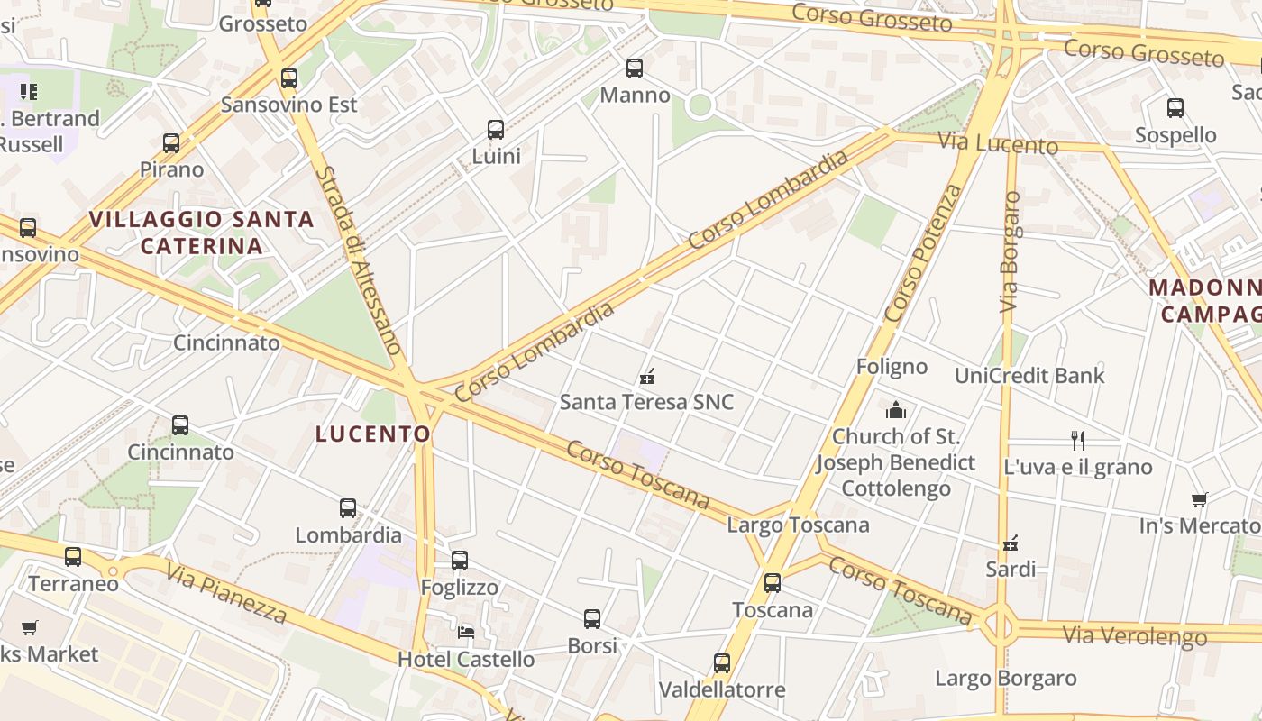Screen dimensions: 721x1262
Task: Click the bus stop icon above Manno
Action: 635,68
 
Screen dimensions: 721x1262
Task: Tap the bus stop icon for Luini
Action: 496,129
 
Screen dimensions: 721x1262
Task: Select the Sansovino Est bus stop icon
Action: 289,78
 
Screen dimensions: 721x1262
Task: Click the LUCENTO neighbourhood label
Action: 373,434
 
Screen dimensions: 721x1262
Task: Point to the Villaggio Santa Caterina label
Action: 202,232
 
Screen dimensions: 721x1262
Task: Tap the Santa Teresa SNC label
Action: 647,402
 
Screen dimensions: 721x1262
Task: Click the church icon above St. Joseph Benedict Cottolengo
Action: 896,411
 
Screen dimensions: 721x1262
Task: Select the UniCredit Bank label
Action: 1029,375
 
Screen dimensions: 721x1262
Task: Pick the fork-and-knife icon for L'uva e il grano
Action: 1077,440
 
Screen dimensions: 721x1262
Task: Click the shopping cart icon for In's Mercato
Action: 1199,499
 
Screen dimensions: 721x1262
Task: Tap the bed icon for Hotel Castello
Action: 466,632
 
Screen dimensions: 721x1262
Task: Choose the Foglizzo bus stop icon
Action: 460,561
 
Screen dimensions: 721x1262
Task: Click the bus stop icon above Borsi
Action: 592,619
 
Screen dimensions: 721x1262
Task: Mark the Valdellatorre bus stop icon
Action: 722,663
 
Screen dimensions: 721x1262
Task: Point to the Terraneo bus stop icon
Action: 73,557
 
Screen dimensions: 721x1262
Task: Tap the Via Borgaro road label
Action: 1011,251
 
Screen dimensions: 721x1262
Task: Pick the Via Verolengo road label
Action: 1134,635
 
